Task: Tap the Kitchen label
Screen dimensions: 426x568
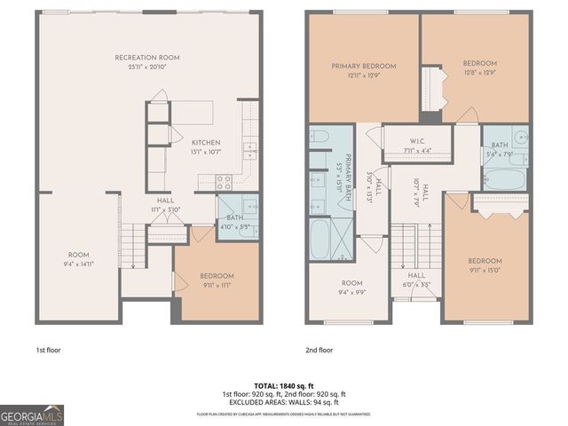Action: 206,143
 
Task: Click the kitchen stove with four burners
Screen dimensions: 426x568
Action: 225,183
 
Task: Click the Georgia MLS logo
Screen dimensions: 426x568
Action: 32,414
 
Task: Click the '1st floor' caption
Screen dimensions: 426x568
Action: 50,350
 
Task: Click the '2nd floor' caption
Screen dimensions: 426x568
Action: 320,350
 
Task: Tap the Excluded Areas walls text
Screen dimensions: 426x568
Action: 283,401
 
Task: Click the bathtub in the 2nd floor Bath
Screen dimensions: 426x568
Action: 501,177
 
